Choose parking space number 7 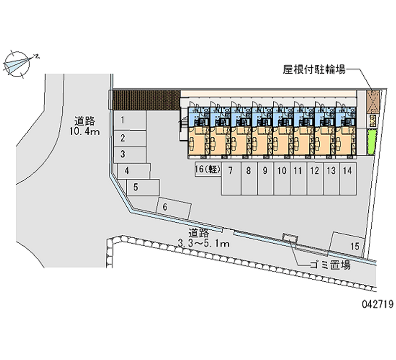(231, 178)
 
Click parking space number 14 (348, 178)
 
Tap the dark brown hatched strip (145, 100)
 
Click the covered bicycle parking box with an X (372, 102)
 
